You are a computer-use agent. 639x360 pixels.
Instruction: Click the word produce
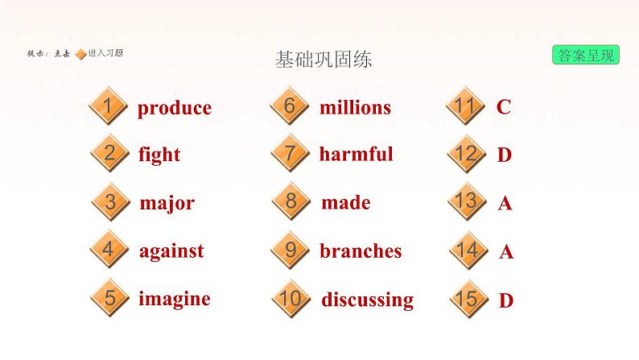tap(174, 108)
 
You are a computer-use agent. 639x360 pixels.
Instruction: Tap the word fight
tap(159, 155)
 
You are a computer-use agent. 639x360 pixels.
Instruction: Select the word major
tap(167, 203)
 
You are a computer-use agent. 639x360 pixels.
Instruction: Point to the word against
tap(171, 251)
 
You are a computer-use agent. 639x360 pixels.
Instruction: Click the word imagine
tap(174, 299)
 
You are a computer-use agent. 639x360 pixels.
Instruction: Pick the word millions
tap(355, 107)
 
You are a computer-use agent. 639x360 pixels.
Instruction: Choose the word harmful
tap(356, 154)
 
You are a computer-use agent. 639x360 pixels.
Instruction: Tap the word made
tap(345, 203)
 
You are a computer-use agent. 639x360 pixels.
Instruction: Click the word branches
tap(361, 251)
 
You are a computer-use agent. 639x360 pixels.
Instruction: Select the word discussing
tap(367, 300)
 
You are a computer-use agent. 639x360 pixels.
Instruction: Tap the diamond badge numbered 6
tap(291, 107)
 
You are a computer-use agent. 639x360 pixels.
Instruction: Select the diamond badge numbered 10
tap(291, 299)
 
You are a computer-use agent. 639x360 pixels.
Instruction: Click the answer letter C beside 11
tap(504, 107)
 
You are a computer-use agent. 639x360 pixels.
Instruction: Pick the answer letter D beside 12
tap(505, 155)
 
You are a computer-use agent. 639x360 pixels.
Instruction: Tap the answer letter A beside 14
tap(506, 252)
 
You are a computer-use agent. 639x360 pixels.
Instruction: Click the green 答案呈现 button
tap(585, 55)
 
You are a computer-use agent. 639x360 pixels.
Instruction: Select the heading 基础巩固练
tap(323, 60)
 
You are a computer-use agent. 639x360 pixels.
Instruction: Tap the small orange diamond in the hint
tap(80, 54)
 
